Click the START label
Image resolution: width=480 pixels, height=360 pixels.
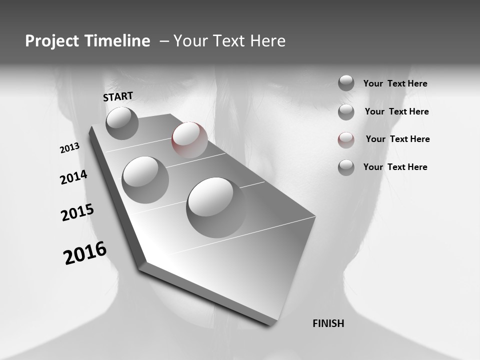118,96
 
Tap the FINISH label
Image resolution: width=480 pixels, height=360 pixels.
328,323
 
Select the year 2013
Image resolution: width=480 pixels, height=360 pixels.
69,147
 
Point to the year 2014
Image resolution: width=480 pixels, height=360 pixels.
73,177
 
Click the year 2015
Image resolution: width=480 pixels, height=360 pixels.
77,212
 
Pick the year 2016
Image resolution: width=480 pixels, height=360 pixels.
85,253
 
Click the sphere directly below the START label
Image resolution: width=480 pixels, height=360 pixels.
122,123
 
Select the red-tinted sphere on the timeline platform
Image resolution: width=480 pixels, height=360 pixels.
189,140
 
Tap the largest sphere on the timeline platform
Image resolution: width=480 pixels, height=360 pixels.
216,207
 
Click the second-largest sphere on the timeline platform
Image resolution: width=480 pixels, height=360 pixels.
145,179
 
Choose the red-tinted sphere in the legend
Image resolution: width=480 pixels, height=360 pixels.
346,140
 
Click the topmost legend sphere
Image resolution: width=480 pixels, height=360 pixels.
346,83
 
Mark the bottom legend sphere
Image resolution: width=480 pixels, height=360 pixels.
346,167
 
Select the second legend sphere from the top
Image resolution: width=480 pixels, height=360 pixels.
346,112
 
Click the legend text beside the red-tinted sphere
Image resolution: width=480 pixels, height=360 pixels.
397,139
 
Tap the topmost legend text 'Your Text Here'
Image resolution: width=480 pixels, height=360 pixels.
395,83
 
